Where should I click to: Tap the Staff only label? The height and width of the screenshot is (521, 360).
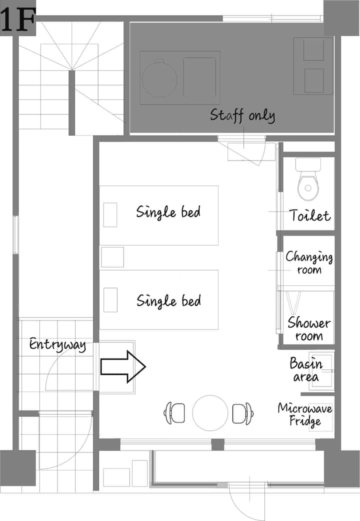tap(242, 115)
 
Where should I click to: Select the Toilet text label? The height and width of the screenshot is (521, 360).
tap(310, 215)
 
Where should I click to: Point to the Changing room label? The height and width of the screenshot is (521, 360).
tap(309, 262)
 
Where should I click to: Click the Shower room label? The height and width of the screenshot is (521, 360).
tap(309, 329)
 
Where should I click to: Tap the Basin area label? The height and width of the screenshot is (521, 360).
tap(306, 369)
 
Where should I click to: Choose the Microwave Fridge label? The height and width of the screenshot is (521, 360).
tap(305, 414)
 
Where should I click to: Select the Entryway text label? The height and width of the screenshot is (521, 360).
tap(57, 344)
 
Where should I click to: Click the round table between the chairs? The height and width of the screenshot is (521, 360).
tap(210, 413)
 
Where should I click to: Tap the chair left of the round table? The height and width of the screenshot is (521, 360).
tap(174, 413)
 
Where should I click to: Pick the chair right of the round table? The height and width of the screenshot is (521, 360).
tap(243, 413)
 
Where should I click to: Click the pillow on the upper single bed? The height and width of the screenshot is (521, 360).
tap(110, 214)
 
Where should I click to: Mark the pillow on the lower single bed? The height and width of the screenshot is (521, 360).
tap(110, 300)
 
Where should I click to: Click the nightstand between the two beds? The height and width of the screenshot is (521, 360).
tap(112, 257)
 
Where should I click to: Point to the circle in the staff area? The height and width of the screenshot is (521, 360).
tap(159, 78)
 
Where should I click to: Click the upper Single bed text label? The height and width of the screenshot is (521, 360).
tap(168, 212)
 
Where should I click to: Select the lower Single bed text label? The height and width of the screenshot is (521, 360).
tap(168, 301)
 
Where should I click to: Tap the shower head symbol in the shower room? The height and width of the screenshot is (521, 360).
tap(294, 302)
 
